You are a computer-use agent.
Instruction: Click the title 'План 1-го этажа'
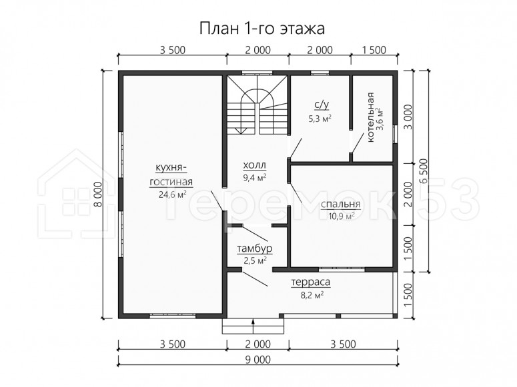pos(262,29)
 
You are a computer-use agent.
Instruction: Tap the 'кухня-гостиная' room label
pos(171,175)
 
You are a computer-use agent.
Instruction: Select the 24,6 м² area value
pos(172,194)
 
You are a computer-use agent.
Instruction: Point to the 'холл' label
pos(254,165)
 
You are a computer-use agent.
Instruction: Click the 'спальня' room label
pos(341,204)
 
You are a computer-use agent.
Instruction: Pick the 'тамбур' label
pos(255,248)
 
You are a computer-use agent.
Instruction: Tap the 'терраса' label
pos(311,282)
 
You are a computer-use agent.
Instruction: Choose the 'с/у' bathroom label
pos(322,105)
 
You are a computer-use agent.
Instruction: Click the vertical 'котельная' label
pos(371,117)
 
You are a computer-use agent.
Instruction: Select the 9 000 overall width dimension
pos(258,360)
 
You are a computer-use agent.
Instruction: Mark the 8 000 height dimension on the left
pos(97,194)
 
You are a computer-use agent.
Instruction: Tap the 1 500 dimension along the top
pos(374,50)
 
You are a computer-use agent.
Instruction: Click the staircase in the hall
pos(257,105)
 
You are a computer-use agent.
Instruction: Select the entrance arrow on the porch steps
pos(253,326)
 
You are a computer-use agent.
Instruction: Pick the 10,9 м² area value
pos(342,216)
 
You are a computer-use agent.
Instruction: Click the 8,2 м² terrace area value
pos(312,295)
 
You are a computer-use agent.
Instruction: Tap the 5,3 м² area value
pos(320,119)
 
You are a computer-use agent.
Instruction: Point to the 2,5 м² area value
pos(255,261)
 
